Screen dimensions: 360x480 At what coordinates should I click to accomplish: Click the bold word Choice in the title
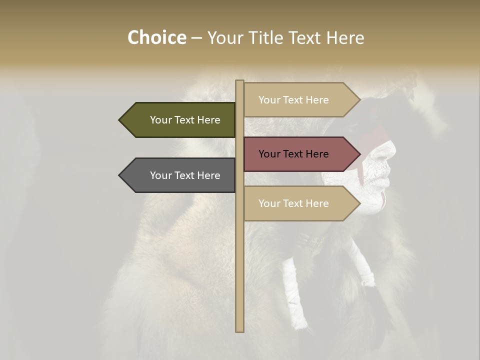(x=156, y=37)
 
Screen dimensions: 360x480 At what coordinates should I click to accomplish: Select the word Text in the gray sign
(x=185, y=175)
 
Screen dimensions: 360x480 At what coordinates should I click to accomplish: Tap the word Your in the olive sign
(x=160, y=120)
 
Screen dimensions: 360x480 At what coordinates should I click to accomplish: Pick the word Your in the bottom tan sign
(x=269, y=203)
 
